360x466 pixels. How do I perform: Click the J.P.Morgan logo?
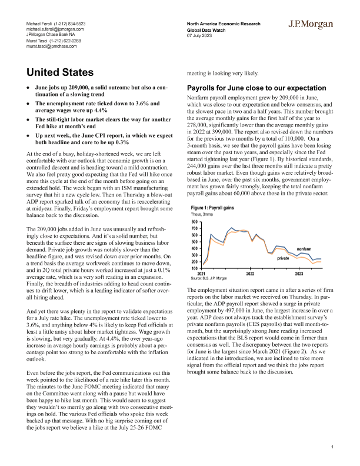pyautogui.click(x=312, y=24)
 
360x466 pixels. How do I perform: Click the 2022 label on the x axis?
pyautogui.click(x=250, y=274)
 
